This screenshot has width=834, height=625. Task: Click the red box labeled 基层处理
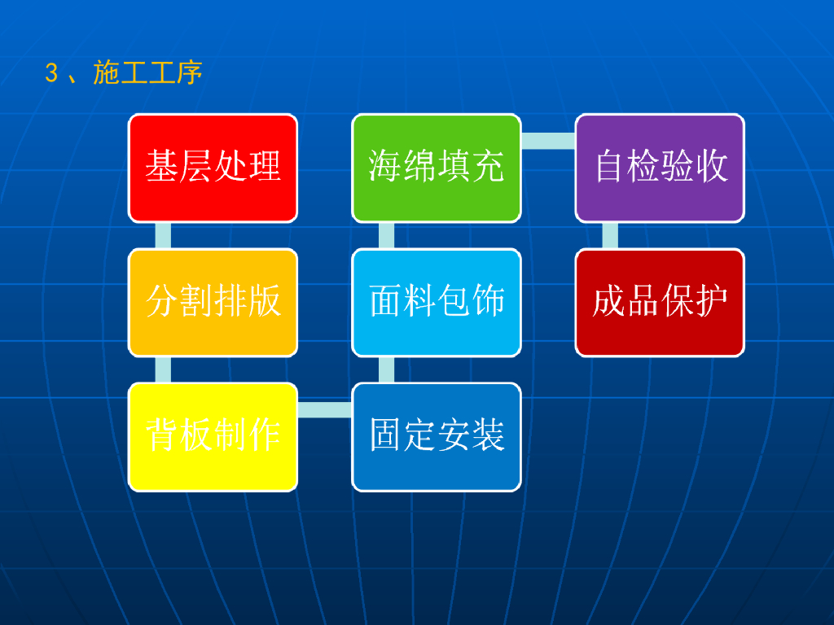point(213,167)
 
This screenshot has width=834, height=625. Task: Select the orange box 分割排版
point(213,302)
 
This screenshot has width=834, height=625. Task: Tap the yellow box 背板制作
point(213,436)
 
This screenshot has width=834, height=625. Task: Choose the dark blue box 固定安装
point(437,436)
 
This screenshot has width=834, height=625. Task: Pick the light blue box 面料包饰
point(437,302)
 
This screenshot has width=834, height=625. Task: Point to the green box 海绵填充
point(437,167)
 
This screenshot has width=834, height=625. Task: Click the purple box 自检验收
point(660,167)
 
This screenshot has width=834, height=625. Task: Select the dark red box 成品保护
point(660,302)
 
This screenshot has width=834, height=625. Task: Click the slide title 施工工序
point(147,74)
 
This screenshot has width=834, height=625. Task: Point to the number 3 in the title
point(51,74)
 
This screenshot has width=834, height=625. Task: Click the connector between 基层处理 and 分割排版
point(163,235)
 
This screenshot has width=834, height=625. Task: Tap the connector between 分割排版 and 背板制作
point(163,369)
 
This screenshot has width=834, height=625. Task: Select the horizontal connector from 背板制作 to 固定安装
point(325,409)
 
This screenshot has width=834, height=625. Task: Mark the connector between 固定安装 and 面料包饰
point(387,369)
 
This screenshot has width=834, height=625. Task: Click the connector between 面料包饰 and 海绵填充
point(387,235)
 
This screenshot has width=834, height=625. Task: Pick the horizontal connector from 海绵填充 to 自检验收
point(548,141)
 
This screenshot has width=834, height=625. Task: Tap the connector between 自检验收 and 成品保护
point(610,235)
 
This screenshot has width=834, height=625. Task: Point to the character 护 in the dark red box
point(713,301)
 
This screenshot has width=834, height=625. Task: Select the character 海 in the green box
point(384,166)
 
